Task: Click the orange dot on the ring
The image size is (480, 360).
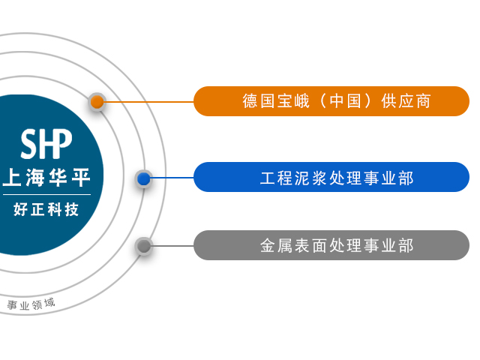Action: (97, 101)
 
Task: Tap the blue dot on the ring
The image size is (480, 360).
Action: (144, 178)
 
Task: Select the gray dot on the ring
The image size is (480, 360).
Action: (144, 245)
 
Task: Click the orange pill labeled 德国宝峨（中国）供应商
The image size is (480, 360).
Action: (331, 101)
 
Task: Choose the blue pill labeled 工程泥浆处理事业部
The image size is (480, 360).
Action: (331, 178)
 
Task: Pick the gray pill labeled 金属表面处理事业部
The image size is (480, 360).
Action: (331, 245)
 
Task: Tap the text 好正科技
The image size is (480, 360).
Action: (46, 210)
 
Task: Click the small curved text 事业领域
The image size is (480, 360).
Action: (31, 304)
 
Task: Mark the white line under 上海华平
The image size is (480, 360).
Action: (46, 194)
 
